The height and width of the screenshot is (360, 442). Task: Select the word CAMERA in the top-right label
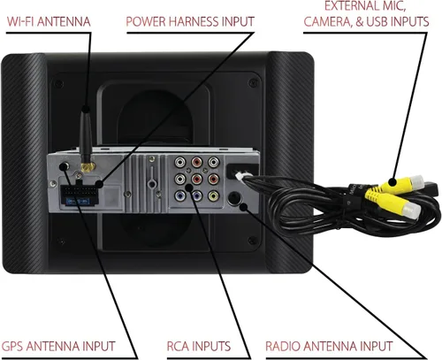328,22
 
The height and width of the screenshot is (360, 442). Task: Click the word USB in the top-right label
379,21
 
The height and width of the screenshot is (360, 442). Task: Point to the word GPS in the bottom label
12,347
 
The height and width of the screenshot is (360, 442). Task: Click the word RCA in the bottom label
178,347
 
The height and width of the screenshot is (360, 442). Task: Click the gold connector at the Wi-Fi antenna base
88,167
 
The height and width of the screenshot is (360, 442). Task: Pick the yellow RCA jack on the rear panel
213,195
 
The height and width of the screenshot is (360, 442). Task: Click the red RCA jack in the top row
196,162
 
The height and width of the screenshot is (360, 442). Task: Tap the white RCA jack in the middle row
179,179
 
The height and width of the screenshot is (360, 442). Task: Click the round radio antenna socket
234,198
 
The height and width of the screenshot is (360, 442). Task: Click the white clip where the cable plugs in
240,176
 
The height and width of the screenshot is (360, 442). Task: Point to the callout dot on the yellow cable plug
392,182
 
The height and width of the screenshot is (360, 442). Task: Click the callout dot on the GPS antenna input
63,167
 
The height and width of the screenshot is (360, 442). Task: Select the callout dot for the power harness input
100,185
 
